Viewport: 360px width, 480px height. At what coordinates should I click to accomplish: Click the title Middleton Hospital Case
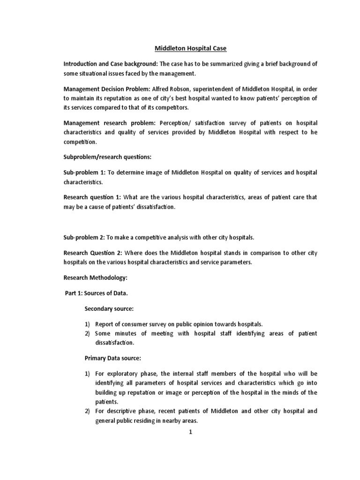pos(190,48)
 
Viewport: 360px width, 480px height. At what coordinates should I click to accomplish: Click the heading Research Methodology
pos(95,278)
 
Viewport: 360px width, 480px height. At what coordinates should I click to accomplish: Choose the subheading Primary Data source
pos(112,358)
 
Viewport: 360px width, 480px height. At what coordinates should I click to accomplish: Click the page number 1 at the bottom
pos(190,432)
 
